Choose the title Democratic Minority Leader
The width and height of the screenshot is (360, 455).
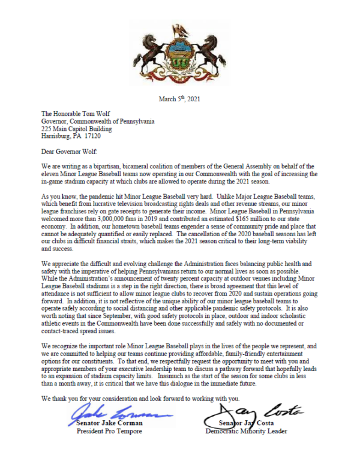246,432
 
